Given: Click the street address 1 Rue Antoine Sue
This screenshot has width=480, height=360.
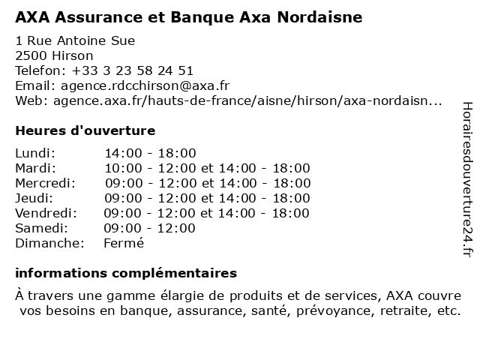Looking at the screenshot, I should point(75,40).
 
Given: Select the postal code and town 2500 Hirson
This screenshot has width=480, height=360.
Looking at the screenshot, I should point(54,55).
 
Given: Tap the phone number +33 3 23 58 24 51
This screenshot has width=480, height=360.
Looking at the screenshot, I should point(133,70).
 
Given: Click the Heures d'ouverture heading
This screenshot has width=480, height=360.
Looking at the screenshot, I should point(85,130).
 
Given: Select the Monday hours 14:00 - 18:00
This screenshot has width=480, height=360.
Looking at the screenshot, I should point(150,153).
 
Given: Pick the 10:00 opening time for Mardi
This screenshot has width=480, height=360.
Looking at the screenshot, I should point(121,168).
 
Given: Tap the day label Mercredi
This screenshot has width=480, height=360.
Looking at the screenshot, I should point(45,183).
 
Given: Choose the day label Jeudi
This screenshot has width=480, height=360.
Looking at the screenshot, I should point(34,198).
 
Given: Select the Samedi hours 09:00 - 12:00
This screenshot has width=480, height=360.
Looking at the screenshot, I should point(150,228).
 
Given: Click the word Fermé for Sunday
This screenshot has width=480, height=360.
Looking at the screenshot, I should point(124,243).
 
